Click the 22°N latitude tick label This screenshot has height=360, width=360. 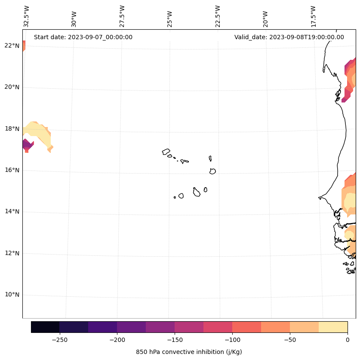click(12, 46)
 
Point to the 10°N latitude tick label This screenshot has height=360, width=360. click(12, 295)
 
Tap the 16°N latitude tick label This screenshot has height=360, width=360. click(12, 170)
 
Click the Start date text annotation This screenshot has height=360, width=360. click(83, 37)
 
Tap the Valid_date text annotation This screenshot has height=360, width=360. click(289, 37)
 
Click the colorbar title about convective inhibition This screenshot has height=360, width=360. click(189, 352)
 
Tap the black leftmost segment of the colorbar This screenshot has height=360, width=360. click(45, 327)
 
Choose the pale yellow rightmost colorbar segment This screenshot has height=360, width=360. click(333, 327)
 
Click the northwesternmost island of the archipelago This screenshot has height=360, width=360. click(166, 152)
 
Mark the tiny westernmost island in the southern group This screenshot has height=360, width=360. click(175, 197)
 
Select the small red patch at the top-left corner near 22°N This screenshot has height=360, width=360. click(24, 45)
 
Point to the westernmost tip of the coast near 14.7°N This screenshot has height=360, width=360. click(319, 198)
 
